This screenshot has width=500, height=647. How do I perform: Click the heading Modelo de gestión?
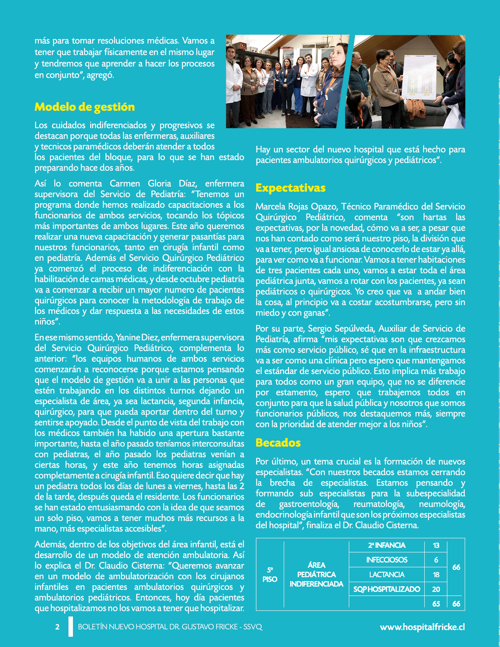85,107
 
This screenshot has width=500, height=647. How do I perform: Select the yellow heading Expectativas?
291,188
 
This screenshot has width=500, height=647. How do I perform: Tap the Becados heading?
278,443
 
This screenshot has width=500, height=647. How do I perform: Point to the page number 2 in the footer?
58,627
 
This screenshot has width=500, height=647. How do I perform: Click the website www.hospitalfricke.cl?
422,627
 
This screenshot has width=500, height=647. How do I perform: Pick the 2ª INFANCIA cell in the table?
387,545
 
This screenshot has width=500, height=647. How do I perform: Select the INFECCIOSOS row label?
387,560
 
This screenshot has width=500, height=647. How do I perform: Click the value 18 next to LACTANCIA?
436,575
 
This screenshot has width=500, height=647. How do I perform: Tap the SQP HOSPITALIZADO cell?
387,589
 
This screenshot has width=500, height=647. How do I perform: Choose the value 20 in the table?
436,589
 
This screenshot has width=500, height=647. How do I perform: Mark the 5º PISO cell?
270,574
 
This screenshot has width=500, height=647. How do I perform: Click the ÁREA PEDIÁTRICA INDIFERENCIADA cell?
316,574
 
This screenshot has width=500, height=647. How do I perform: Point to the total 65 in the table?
436,604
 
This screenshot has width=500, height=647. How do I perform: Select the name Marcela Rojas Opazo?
296,207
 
